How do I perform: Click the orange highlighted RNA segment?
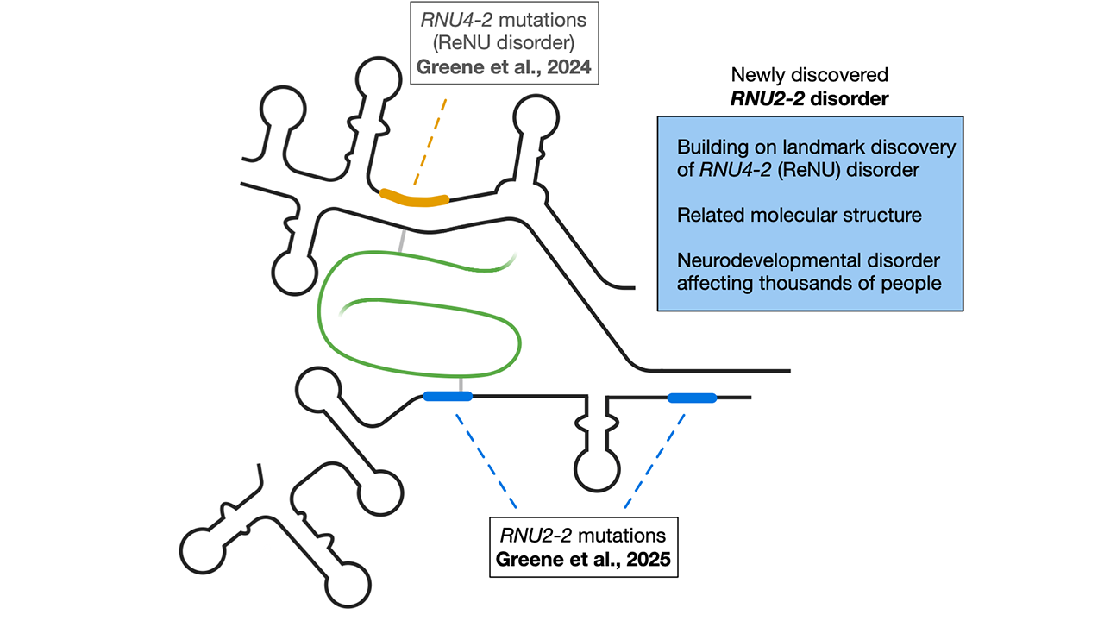point(414,199)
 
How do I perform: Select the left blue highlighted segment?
point(448,397)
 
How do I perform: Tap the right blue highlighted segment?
point(692,398)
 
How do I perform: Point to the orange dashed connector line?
point(430,141)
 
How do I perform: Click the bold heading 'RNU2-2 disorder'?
point(809,98)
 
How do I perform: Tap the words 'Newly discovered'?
point(809,75)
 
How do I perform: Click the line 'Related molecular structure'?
point(799,215)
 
